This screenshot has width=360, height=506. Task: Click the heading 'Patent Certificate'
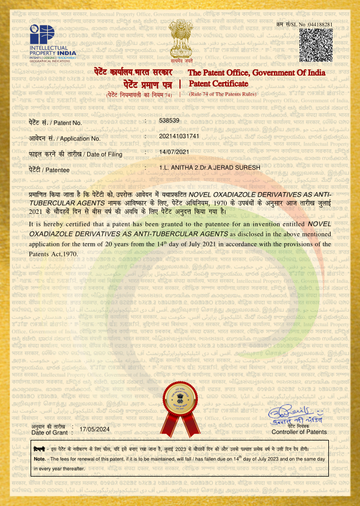click(x=218, y=84)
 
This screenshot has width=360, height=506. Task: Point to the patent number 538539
click(x=169, y=121)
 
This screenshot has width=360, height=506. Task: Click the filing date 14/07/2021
click(x=174, y=152)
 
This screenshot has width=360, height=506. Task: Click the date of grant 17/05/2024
click(x=95, y=429)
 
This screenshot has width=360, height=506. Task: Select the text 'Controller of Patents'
click(x=299, y=432)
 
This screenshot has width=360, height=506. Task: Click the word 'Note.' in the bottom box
click(x=39, y=459)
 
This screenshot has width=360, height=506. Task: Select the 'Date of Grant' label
click(x=49, y=432)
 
